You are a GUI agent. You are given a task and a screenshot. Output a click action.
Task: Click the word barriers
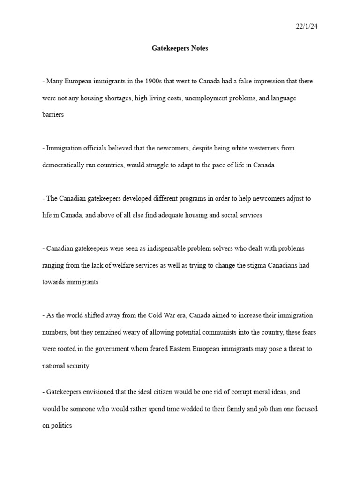52,115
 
